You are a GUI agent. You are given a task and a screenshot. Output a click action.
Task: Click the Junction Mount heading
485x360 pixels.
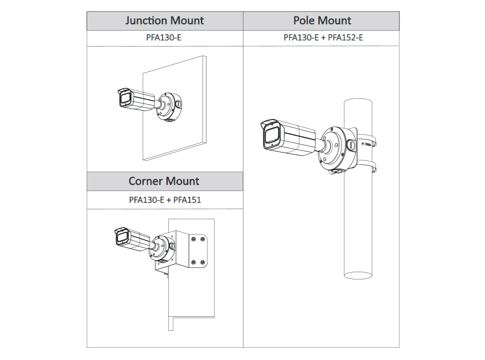[165, 20]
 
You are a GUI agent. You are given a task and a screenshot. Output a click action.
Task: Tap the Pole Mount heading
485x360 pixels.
[322, 20]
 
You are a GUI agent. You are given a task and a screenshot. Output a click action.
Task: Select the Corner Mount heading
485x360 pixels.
[164, 181]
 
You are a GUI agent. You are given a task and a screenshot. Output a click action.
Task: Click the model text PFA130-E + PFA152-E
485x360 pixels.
[323, 38]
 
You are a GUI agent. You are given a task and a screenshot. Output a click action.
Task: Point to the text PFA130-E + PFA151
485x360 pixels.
[165, 199]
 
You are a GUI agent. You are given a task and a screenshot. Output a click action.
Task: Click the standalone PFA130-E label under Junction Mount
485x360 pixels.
[165, 38]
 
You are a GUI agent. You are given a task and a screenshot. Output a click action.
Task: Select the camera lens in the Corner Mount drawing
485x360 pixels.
[121, 239]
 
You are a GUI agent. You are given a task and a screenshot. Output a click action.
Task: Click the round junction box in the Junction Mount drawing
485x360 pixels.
[169, 106]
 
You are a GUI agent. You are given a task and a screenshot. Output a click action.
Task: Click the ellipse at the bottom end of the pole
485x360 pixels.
[358, 275]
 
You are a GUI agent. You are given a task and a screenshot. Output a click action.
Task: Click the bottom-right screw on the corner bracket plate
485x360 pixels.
[203, 262]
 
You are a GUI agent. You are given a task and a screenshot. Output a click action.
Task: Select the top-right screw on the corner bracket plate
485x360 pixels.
[203, 239]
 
